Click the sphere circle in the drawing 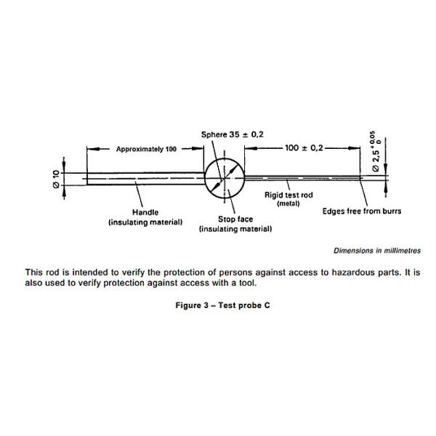225,177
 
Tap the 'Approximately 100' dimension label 146,149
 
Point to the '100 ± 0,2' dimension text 304,148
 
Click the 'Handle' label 145,212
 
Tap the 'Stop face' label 235,219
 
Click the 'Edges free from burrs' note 362,211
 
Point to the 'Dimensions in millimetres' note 376,251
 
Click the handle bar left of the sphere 145,177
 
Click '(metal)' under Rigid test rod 288,204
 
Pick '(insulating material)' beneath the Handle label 145,222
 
